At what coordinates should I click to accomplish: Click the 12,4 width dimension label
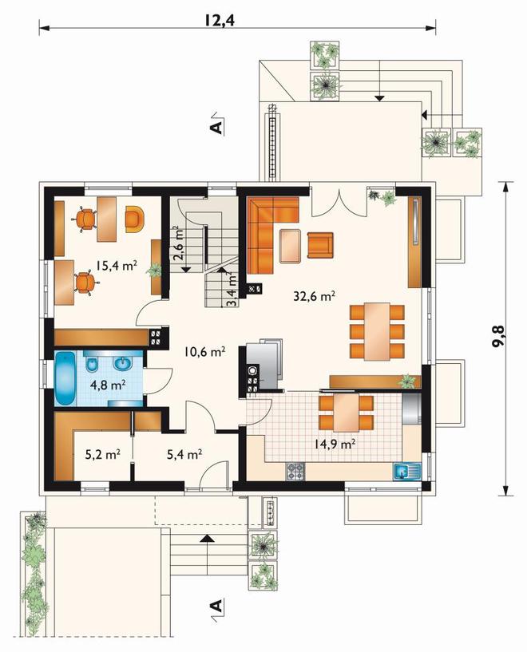pos(220,20)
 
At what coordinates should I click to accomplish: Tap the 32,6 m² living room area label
pos(315,296)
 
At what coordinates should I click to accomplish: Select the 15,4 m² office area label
pos(117,265)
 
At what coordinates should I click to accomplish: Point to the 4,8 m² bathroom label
pos(109,385)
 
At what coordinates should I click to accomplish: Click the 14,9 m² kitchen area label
pos(335,444)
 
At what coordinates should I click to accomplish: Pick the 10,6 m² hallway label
pos(205,352)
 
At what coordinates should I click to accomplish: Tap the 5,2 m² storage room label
pos(103,454)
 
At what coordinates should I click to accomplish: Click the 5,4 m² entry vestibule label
pos(184,454)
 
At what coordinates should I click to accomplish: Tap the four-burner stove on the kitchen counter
pos(295,472)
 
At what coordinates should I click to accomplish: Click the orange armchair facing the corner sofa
pos(320,245)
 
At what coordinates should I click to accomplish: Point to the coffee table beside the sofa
pos(291,246)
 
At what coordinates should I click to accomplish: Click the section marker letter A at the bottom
pos(216,606)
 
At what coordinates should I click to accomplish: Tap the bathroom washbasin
pos(123,364)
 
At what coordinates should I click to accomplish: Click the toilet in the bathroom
pos(92,364)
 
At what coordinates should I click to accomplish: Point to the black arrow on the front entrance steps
pos(207,539)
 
